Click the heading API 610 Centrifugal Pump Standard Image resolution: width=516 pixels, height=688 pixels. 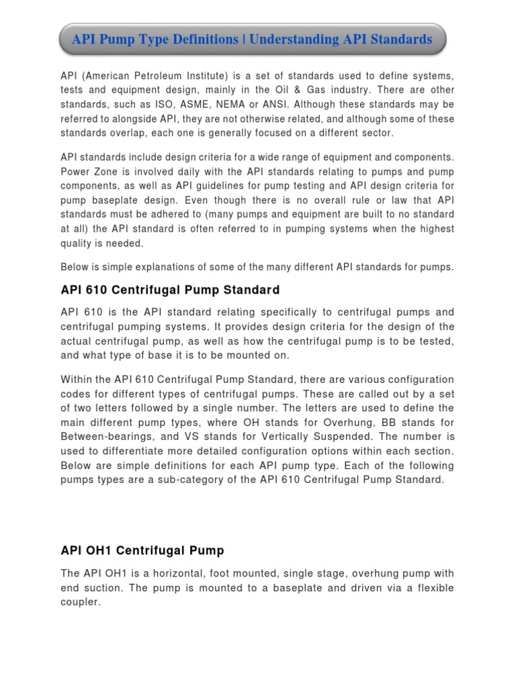click(x=170, y=290)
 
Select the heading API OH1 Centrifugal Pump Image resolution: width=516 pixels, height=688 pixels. click(x=142, y=550)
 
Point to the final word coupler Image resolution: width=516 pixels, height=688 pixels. click(x=80, y=603)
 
